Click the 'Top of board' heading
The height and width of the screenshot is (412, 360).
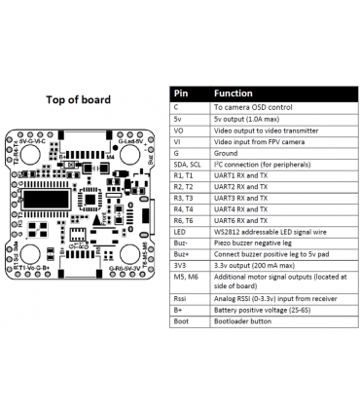(78, 99)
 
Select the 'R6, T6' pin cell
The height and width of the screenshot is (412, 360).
(182, 220)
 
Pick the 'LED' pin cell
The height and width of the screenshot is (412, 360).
(180, 232)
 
